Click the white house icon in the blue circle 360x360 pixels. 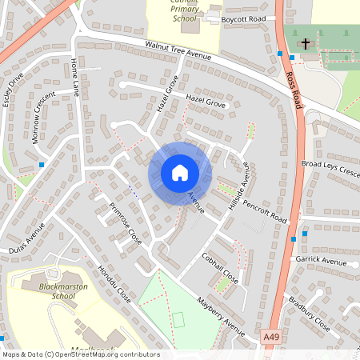(179, 172)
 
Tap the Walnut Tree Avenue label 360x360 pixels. (177, 50)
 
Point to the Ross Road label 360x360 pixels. (295, 84)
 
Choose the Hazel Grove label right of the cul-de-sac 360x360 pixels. (206, 101)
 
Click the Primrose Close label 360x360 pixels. (126, 228)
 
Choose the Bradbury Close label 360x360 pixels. (310, 314)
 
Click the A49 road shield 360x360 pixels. (272, 339)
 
